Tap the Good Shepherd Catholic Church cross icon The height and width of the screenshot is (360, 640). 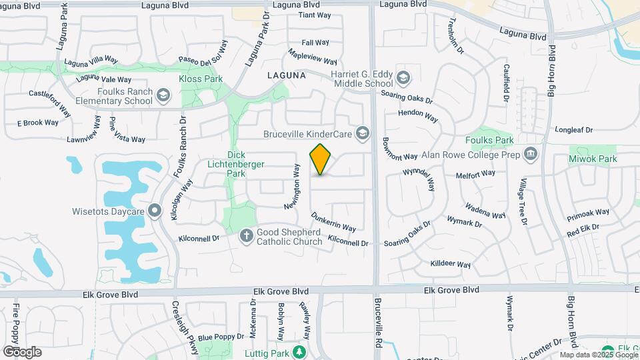click(x=246, y=235)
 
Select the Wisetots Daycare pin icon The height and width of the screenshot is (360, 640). click(x=155, y=211)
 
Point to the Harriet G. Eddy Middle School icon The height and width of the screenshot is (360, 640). click(x=403, y=79)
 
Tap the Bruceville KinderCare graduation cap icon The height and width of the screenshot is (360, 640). click(x=362, y=134)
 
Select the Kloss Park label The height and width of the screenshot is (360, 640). click(x=200, y=79)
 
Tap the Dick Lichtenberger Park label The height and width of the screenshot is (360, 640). click(x=246, y=164)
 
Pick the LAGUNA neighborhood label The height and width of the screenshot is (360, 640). click(x=286, y=75)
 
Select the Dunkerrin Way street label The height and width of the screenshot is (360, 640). click(x=333, y=222)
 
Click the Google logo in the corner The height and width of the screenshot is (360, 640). click(x=22, y=351)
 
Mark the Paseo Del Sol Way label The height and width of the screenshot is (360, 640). click(x=203, y=52)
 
